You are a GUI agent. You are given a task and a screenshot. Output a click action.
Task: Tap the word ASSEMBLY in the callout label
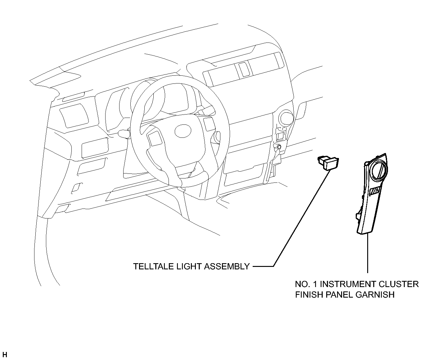tap(227, 267)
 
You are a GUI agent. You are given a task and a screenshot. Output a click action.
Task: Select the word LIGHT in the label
tap(189, 267)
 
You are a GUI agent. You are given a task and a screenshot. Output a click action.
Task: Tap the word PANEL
tap(339, 295)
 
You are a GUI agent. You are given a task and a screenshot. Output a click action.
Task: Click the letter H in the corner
tap(5, 355)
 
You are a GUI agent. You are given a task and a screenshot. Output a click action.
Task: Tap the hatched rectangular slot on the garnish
tap(375, 191)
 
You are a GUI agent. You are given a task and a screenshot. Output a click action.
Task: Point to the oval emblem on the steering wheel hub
tap(183, 131)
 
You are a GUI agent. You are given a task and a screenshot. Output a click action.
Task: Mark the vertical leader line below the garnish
tap(368, 253)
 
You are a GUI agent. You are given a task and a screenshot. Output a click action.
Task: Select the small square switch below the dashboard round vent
tap(280, 136)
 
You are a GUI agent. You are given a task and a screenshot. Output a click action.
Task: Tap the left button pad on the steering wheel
tap(155, 138)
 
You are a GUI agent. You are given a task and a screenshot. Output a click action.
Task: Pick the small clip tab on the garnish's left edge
tap(359, 216)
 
